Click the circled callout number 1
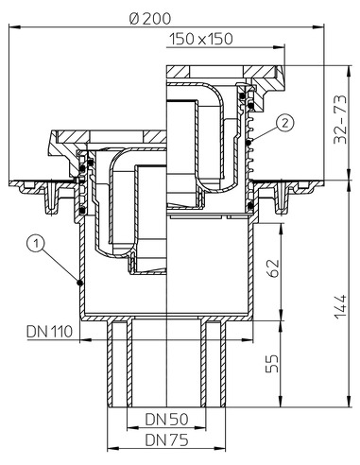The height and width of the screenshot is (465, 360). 35,245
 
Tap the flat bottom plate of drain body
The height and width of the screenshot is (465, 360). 165,315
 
